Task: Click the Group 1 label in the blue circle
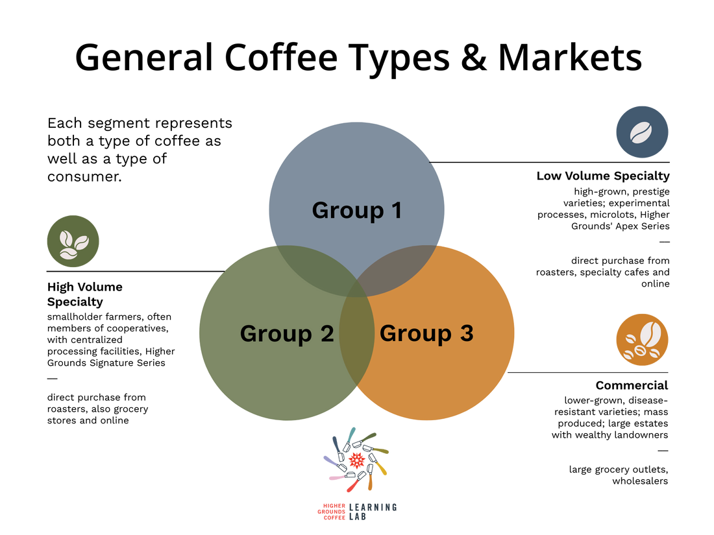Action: [356, 210]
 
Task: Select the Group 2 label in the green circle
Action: [287, 333]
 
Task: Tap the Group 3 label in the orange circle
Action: [426, 333]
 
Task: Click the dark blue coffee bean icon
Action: [642, 132]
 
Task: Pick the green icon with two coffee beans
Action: [73, 241]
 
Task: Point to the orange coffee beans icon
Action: [642, 340]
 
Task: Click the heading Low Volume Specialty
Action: [603, 176]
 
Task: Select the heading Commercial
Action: [632, 385]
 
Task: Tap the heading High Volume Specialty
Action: [84, 294]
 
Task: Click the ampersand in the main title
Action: [474, 58]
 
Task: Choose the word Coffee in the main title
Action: [281, 57]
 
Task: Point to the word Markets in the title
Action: [570, 57]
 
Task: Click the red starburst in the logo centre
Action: [356, 461]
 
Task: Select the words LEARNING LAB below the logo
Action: [373, 512]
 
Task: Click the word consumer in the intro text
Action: [84, 176]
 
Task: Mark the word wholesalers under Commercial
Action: [640, 481]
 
